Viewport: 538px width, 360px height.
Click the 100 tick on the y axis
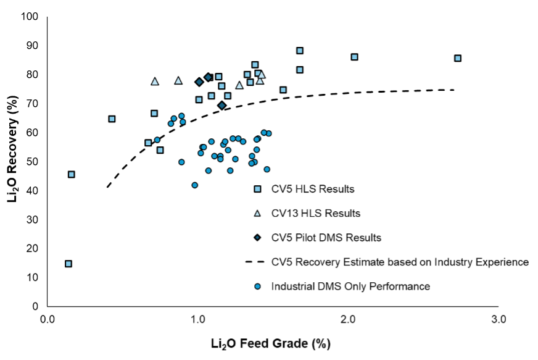click(x=30, y=16)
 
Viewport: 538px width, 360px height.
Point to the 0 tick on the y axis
click(x=35, y=306)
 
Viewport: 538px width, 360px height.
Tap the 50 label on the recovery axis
click(x=33, y=161)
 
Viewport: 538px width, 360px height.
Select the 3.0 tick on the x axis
click(x=499, y=320)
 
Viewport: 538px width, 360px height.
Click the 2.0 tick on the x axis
click(x=349, y=320)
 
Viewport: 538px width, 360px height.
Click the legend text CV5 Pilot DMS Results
click(x=326, y=237)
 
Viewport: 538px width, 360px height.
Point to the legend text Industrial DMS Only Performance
click(x=350, y=286)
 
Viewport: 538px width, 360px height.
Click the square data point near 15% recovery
click(x=68, y=264)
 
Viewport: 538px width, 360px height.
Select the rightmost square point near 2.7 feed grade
click(x=458, y=58)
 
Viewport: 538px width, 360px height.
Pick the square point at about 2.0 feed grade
click(x=355, y=57)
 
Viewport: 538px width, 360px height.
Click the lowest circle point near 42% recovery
click(x=195, y=185)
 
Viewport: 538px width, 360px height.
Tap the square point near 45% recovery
click(x=72, y=175)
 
